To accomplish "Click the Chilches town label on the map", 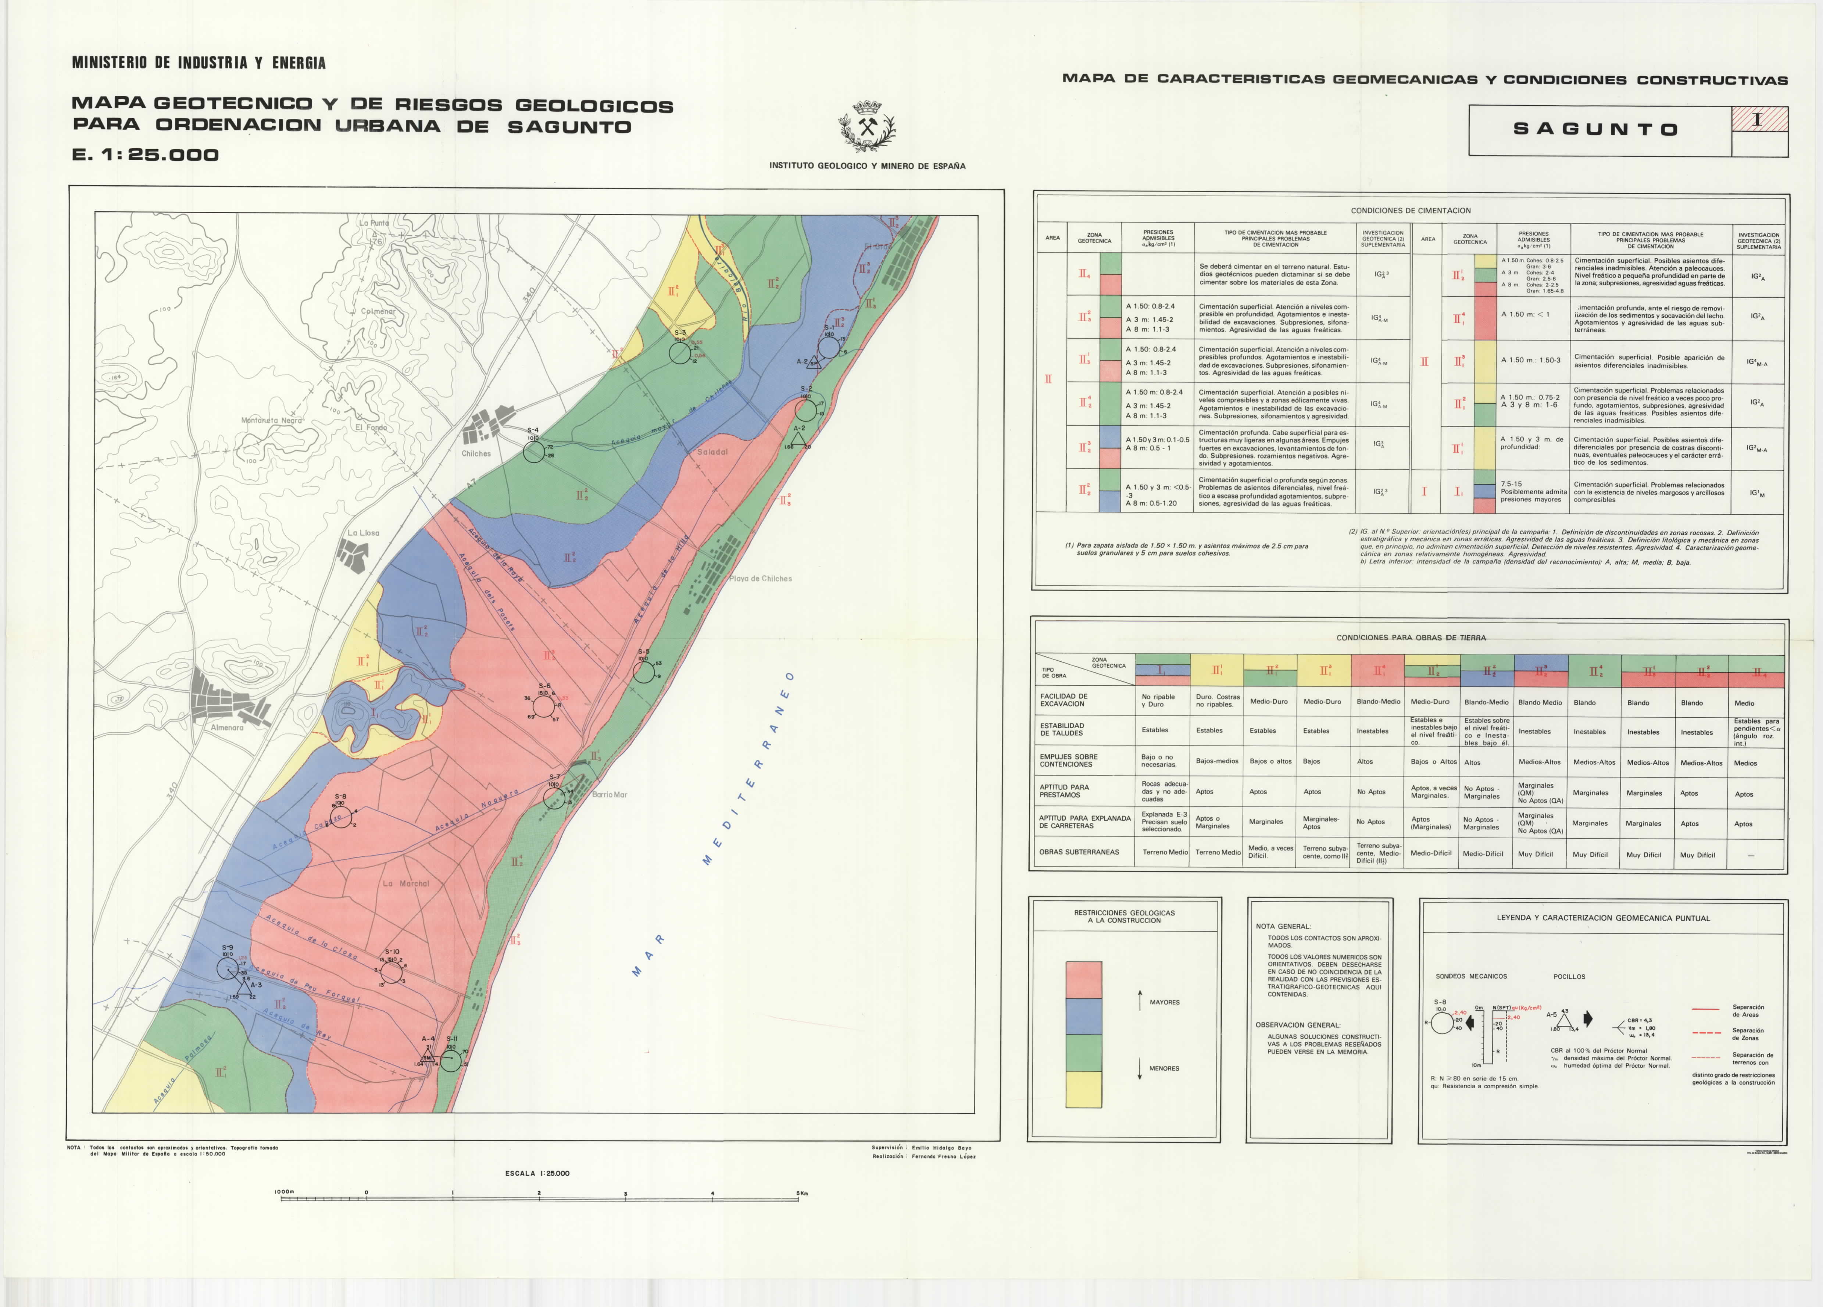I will tap(476, 453).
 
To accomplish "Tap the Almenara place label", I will tap(227, 728).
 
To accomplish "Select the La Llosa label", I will tap(363, 533).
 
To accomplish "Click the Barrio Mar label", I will tap(609, 794).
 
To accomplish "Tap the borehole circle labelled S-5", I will tap(643, 672).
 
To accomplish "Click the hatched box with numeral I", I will tap(1759, 119).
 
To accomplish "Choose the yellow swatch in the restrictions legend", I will tap(1083, 1089).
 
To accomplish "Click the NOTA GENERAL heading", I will tap(1283, 926).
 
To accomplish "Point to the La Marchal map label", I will tap(406, 883).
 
